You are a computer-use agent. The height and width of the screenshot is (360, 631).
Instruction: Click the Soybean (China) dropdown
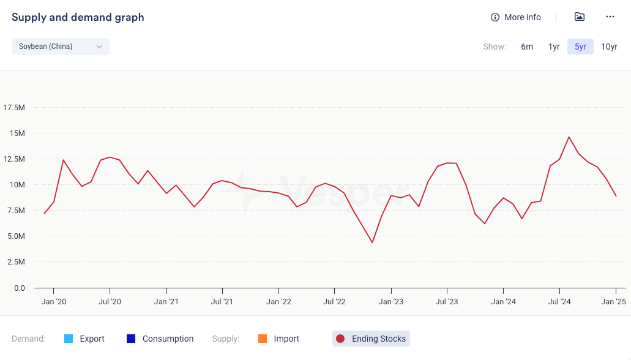pyautogui.click(x=60, y=47)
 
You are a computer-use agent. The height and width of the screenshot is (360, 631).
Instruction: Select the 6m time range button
pyautogui.click(x=527, y=47)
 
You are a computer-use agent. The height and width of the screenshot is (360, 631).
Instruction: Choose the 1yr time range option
pyautogui.click(x=554, y=47)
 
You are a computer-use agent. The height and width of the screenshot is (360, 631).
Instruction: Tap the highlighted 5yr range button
pyautogui.click(x=580, y=47)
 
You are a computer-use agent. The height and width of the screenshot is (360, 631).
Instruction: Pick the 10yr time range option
pyautogui.click(x=609, y=47)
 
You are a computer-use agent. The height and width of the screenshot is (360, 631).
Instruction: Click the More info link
pyautogui.click(x=516, y=17)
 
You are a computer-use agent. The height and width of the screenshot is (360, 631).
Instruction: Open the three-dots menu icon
pyautogui.click(x=610, y=17)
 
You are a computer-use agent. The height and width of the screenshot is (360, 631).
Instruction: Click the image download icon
pyautogui.click(x=580, y=17)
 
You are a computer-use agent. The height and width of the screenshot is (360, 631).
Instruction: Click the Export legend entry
pyautogui.click(x=84, y=339)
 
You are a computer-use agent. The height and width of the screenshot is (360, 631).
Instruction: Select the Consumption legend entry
pyautogui.click(x=160, y=339)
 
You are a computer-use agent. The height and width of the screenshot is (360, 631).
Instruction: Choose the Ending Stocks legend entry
pyautogui.click(x=371, y=339)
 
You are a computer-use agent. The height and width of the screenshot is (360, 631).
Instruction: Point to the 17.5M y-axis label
pyautogui.click(x=14, y=108)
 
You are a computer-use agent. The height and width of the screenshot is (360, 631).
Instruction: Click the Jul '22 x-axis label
pyautogui.click(x=334, y=301)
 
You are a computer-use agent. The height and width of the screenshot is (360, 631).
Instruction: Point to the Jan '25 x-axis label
pyautogui.click(x=613, y=301)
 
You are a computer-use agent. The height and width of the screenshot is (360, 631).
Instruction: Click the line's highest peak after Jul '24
pyautogui.click(x=569, y=137)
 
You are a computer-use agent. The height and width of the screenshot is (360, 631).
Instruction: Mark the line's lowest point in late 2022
pyautogui.click(x=372, y=242)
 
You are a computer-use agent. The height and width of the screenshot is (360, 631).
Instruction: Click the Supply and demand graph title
pyautogui.click(x=78, y=17)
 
